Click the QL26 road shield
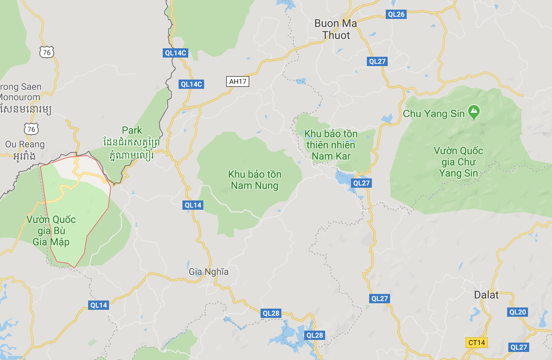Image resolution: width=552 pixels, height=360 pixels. coord(396,15)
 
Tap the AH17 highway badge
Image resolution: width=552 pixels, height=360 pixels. coord(237,82)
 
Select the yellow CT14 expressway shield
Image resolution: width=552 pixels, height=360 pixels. coord(476,343)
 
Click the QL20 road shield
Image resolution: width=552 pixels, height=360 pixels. coord(518,312)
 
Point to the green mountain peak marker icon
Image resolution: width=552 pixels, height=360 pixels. coord(474,112)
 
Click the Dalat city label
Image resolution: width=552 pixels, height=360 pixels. coord(486,295)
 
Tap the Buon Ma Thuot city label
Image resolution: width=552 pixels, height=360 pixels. coord(336,29)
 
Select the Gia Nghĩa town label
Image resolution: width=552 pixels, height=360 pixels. coord(208,272)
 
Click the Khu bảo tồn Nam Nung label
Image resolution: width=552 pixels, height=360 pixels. coord(255,180)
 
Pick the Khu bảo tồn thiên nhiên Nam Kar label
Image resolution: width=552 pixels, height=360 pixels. coord(331,145)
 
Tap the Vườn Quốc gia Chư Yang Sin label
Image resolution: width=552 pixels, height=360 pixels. coord(458,162)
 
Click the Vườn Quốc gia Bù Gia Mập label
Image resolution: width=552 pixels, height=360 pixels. coord(51,231)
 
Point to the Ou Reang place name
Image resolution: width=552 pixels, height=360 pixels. coord(25,144)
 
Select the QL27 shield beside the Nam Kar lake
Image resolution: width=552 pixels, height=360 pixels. coord(361,183)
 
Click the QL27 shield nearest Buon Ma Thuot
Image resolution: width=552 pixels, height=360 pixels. coord(377,61)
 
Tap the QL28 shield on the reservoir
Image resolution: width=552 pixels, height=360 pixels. coord(315,335)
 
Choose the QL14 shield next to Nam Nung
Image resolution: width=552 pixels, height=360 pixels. coord(193,205)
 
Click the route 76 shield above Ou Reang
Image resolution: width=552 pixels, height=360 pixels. coord(31,129)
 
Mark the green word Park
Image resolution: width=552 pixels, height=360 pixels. coord(132,130)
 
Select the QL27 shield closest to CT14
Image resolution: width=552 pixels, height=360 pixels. coord(518,347)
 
